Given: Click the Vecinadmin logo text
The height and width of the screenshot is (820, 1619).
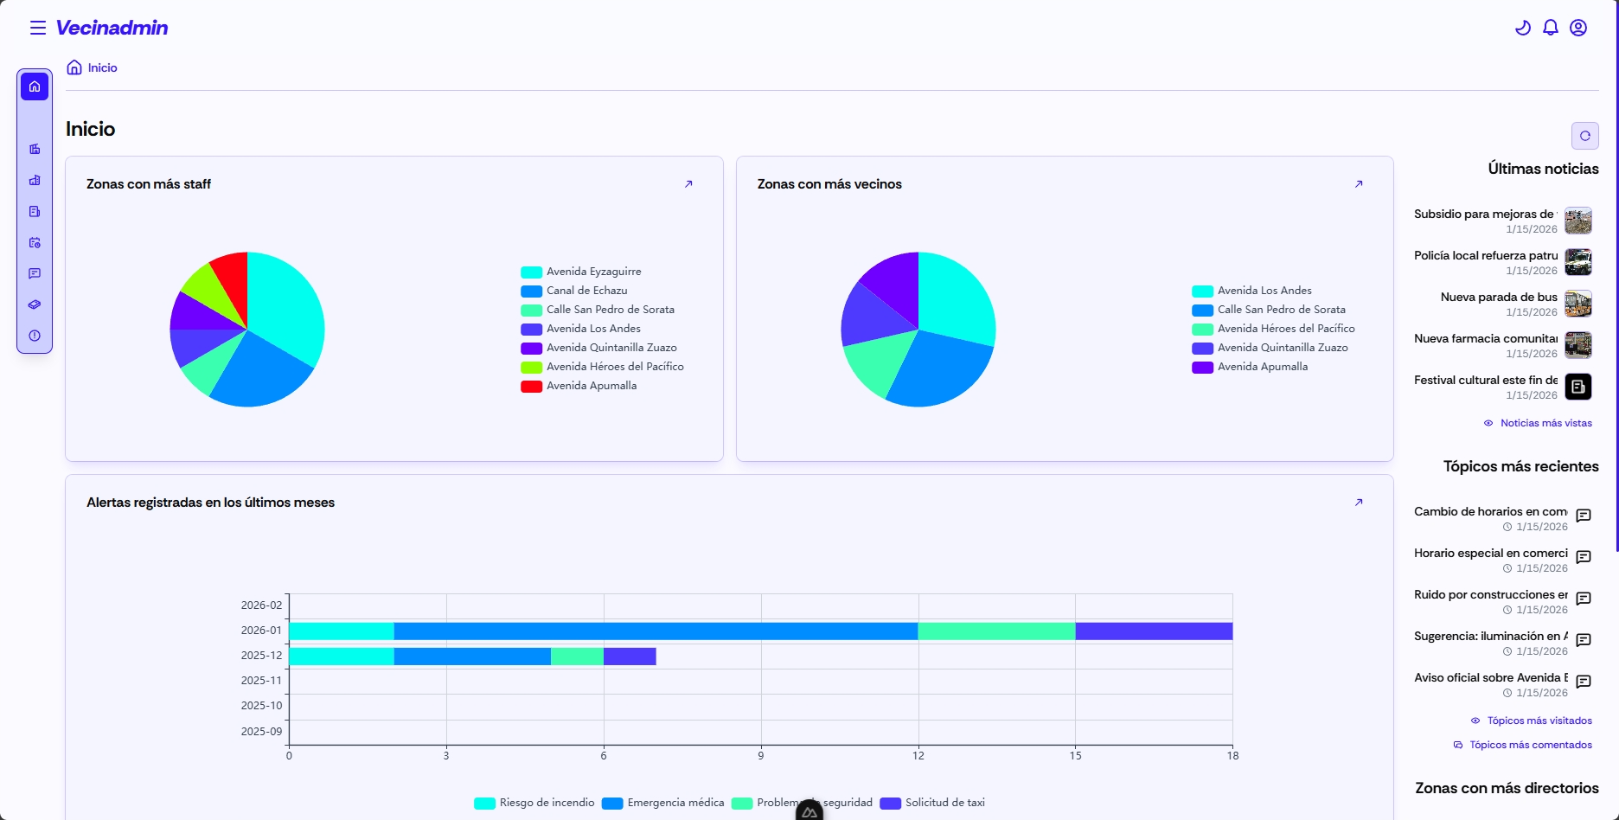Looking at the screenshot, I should [112, 28].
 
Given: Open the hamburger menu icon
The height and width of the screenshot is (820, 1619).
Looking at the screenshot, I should [38, 28].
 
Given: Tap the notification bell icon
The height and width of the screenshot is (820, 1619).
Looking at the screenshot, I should [1551, 28].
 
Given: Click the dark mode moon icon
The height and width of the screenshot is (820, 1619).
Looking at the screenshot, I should [1523, 28].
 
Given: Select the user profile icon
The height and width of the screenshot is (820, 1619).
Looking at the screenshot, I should [1578, 28].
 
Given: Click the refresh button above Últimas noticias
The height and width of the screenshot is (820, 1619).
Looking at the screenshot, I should [1584, 136].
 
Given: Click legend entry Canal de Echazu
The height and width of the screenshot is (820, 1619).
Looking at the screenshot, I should [586, 291].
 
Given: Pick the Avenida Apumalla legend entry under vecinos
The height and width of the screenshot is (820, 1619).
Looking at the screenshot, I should [1262, 367].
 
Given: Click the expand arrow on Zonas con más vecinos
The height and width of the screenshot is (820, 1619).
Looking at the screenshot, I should [1359, 184].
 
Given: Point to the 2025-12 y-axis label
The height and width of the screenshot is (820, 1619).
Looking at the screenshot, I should [261, 656].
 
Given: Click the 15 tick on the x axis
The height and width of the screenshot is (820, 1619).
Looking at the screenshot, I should [1075, 756].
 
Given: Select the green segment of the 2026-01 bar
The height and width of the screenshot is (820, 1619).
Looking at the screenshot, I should [996, 631].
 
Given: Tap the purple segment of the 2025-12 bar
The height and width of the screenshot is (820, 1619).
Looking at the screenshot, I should [630, 657].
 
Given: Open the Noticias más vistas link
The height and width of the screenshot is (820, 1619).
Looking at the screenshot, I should [1545, 423].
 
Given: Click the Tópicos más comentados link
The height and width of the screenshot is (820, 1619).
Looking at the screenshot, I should [1530, 745].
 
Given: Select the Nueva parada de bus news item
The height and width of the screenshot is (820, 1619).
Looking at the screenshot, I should [1499, 298].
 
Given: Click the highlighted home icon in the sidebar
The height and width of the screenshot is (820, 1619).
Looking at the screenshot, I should [35, 86].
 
